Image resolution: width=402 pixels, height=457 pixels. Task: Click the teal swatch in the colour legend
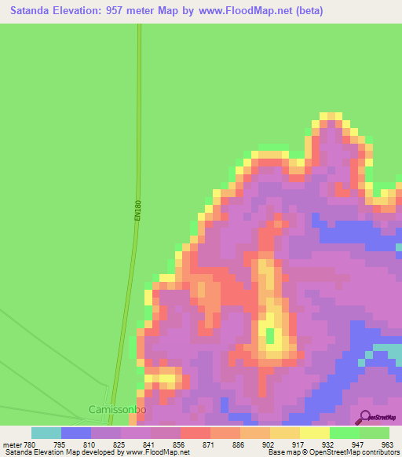point(46,433)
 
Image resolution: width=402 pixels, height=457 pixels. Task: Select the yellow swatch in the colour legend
point(314,433)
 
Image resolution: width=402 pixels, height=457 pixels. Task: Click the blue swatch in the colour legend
point(75,433)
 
